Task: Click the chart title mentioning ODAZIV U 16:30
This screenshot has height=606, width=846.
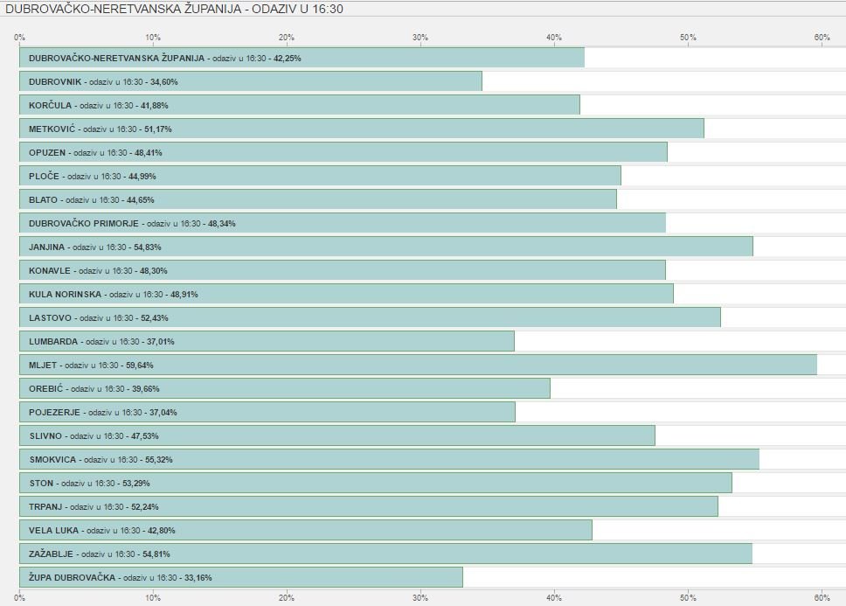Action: (x=174, y=9)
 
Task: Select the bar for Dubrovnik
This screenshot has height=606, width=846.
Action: (x=251, y=81)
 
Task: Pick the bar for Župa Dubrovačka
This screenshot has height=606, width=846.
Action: (x=241, y=577)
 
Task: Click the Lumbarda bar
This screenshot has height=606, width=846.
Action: (x=267, y=341)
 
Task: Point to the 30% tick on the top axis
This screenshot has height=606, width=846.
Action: (x=420, y=38)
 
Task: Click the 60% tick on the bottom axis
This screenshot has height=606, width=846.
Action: (x=822, y=598)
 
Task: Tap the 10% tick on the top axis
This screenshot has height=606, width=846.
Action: (x=153, y=38)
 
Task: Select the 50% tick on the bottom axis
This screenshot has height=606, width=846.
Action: (x=688, y=598)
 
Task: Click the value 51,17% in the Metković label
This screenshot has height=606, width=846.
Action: (x=158, y=129)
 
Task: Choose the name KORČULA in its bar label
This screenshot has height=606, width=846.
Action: (x=49, y=106)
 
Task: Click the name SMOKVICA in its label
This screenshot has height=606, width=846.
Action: (x=52, y=460)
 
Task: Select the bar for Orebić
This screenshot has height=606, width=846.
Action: (x=285, y=388)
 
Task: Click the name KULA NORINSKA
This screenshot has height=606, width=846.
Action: (x=65, y=295)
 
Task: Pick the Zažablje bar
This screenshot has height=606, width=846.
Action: (x=385, y=554)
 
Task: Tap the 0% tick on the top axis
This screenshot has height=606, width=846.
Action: (x=19, y=38)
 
